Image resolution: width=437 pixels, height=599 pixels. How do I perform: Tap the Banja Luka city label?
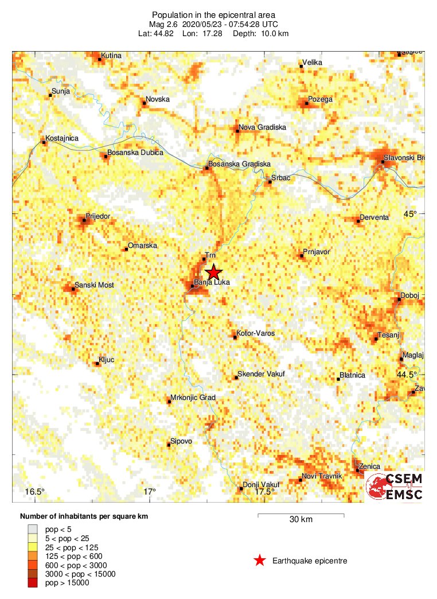click(208, 282)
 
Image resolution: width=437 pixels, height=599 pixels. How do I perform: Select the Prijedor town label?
click(98, 216)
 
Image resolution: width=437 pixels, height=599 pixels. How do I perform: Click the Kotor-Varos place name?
click(256, 333)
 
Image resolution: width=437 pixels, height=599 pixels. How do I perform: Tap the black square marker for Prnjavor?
click(302, 255)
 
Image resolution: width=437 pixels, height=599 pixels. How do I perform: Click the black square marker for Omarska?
click(126, 249)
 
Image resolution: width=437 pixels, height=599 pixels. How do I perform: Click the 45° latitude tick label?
click(411, 214)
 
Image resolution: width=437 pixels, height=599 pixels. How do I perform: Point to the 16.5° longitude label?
click(35, 492)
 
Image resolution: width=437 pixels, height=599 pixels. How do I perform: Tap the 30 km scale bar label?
click(301, 520)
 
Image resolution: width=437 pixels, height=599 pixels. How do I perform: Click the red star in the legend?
click(260, 561)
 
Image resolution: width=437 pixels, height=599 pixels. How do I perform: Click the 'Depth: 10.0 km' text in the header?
click(260, 34)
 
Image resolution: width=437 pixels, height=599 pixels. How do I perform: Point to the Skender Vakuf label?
click(261, 374)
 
